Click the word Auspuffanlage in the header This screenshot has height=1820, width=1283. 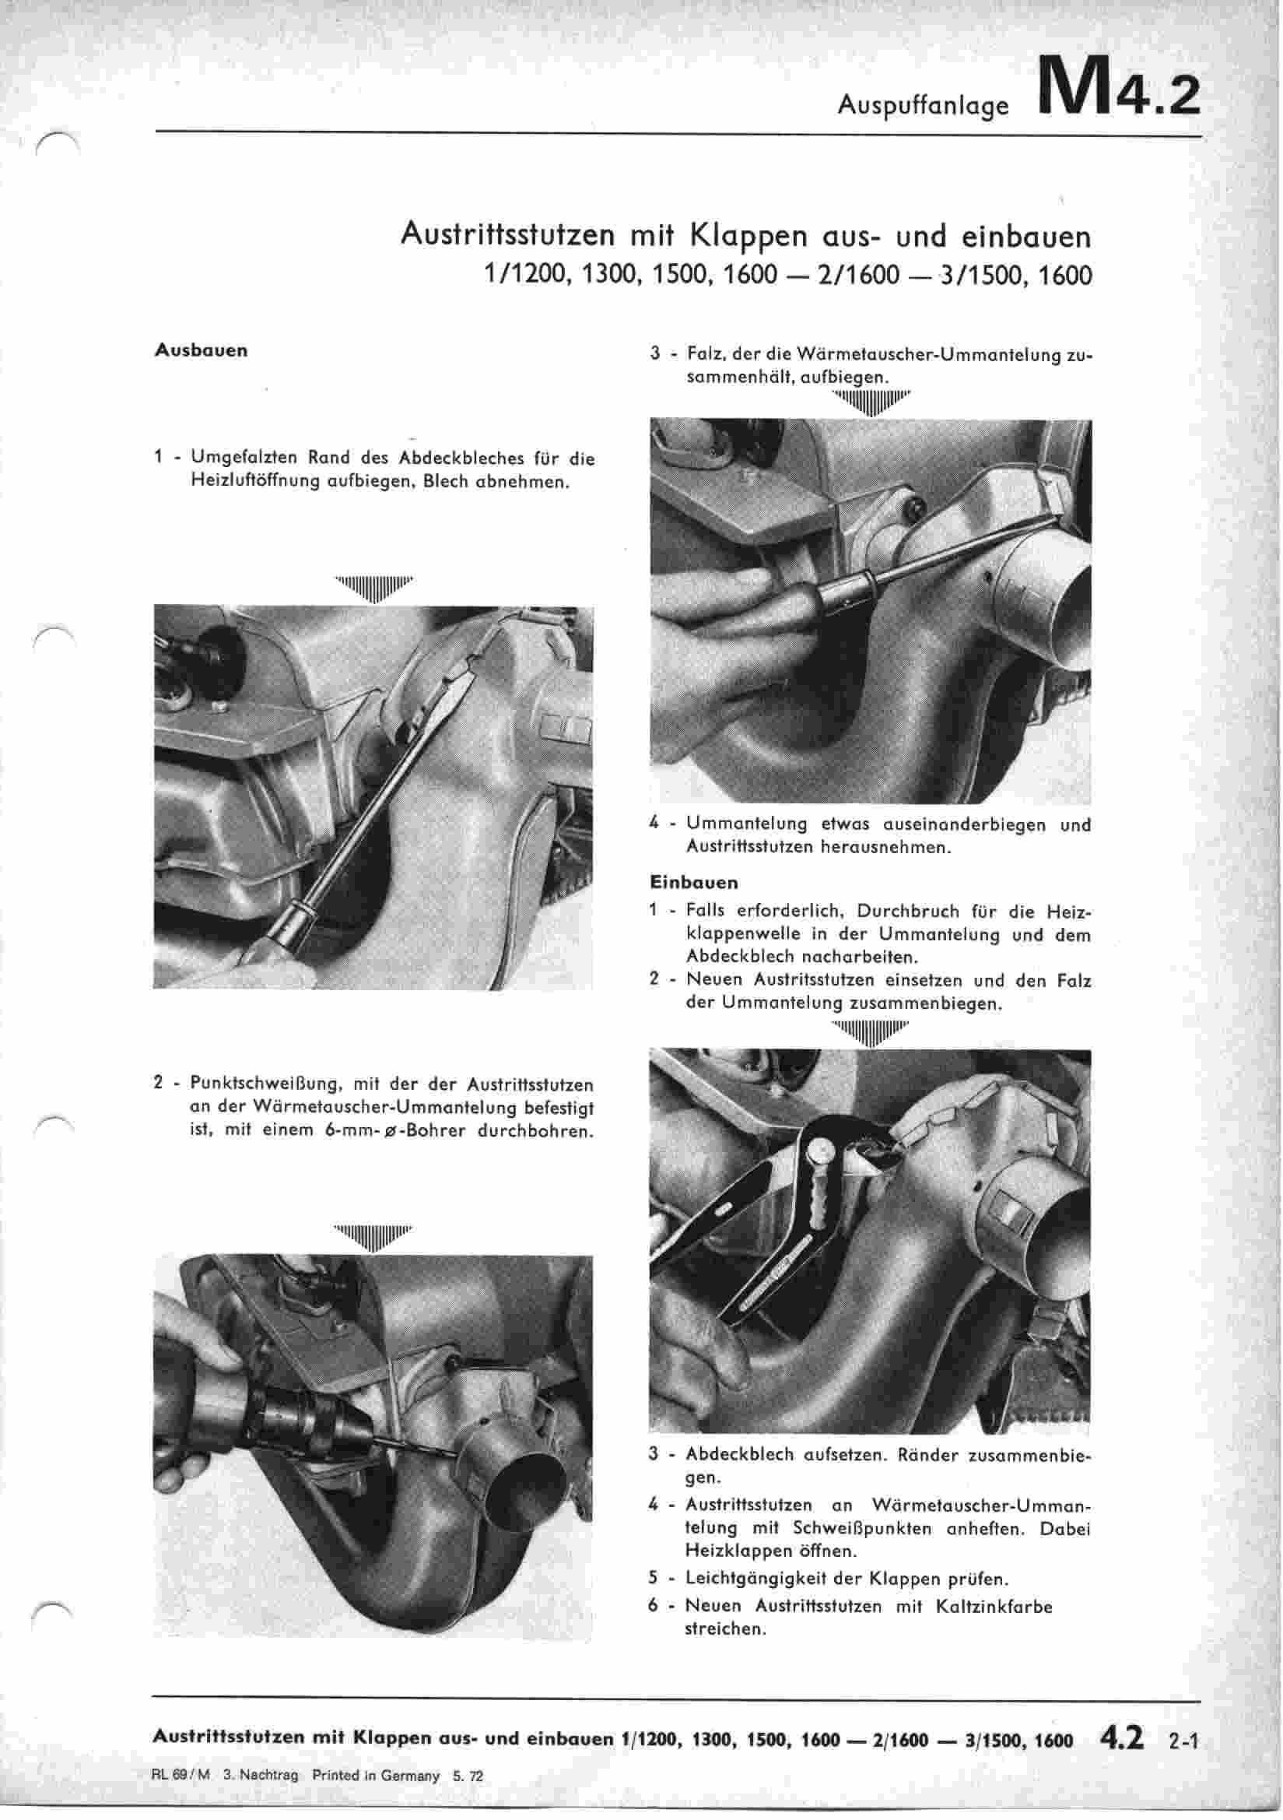click(x=924, y=105)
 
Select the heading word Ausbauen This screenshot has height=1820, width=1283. click(x=202, y=350)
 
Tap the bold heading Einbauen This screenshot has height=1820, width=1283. click(x=693, y=882)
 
